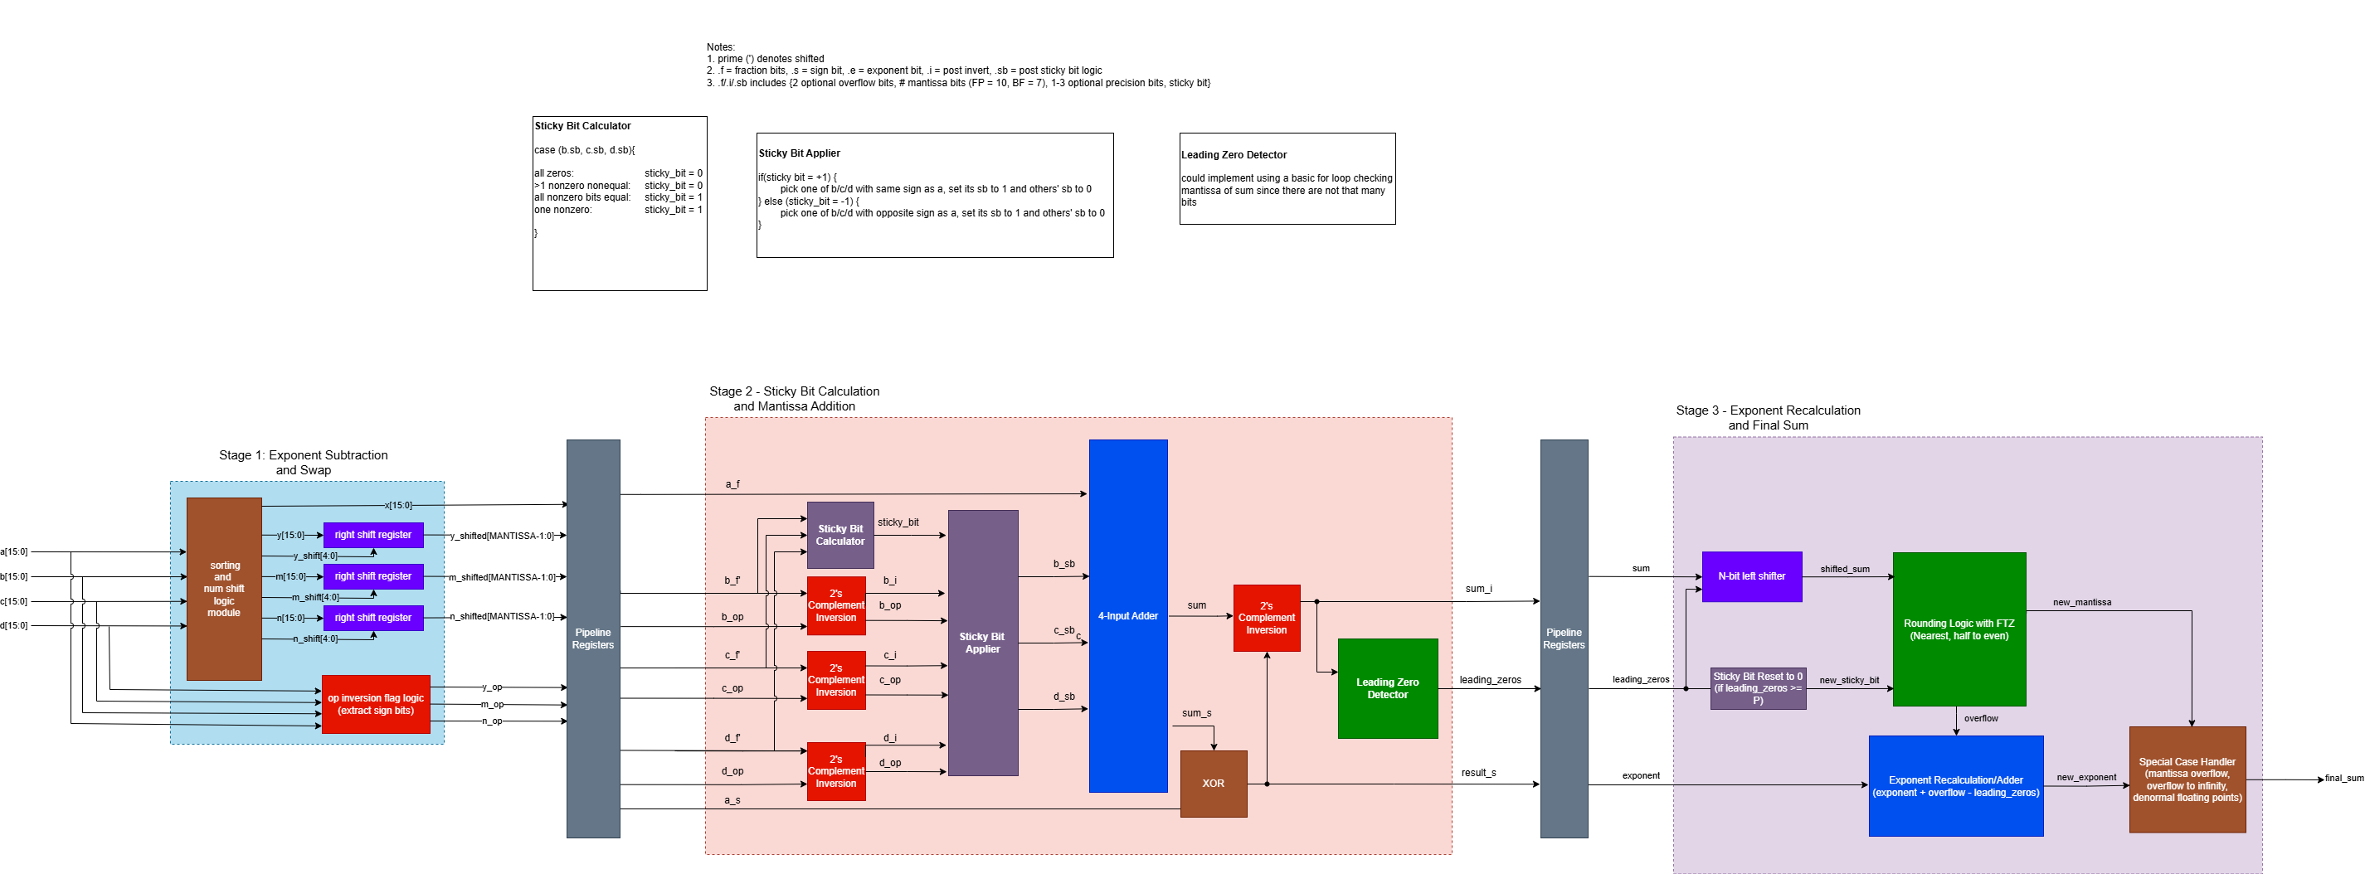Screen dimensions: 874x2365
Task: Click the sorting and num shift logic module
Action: pos(224,589)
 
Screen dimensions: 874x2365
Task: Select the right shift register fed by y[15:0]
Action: pos(372,535)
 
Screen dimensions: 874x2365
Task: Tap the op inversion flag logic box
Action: pos(376,704)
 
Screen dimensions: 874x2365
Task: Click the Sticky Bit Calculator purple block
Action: pos(840,535)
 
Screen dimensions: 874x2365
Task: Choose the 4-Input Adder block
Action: pos(1127,616)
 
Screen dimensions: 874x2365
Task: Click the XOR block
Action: pos(1213,783)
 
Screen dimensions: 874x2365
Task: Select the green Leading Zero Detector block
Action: pos(1387,688)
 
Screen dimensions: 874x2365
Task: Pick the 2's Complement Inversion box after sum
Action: pos(1266,618)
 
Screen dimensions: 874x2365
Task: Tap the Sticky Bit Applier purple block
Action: pos(982,643)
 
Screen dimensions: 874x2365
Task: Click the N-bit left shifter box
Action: pos(1752,576)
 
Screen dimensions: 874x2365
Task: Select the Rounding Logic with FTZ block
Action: pos(1959,630)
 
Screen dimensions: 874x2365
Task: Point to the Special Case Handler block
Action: pos(2187,779)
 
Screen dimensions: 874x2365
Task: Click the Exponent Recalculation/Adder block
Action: pos(1955,786)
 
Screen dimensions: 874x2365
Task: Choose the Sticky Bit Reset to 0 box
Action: pos(1757,688)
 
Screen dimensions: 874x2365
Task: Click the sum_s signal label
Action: pos(1196,713)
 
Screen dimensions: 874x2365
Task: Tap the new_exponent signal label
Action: pos(2086,778)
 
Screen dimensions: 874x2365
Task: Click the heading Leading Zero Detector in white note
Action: pos(1234,155)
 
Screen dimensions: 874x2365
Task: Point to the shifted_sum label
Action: pos(1844,569)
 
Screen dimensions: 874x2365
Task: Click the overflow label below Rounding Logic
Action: pos(1980,719)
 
